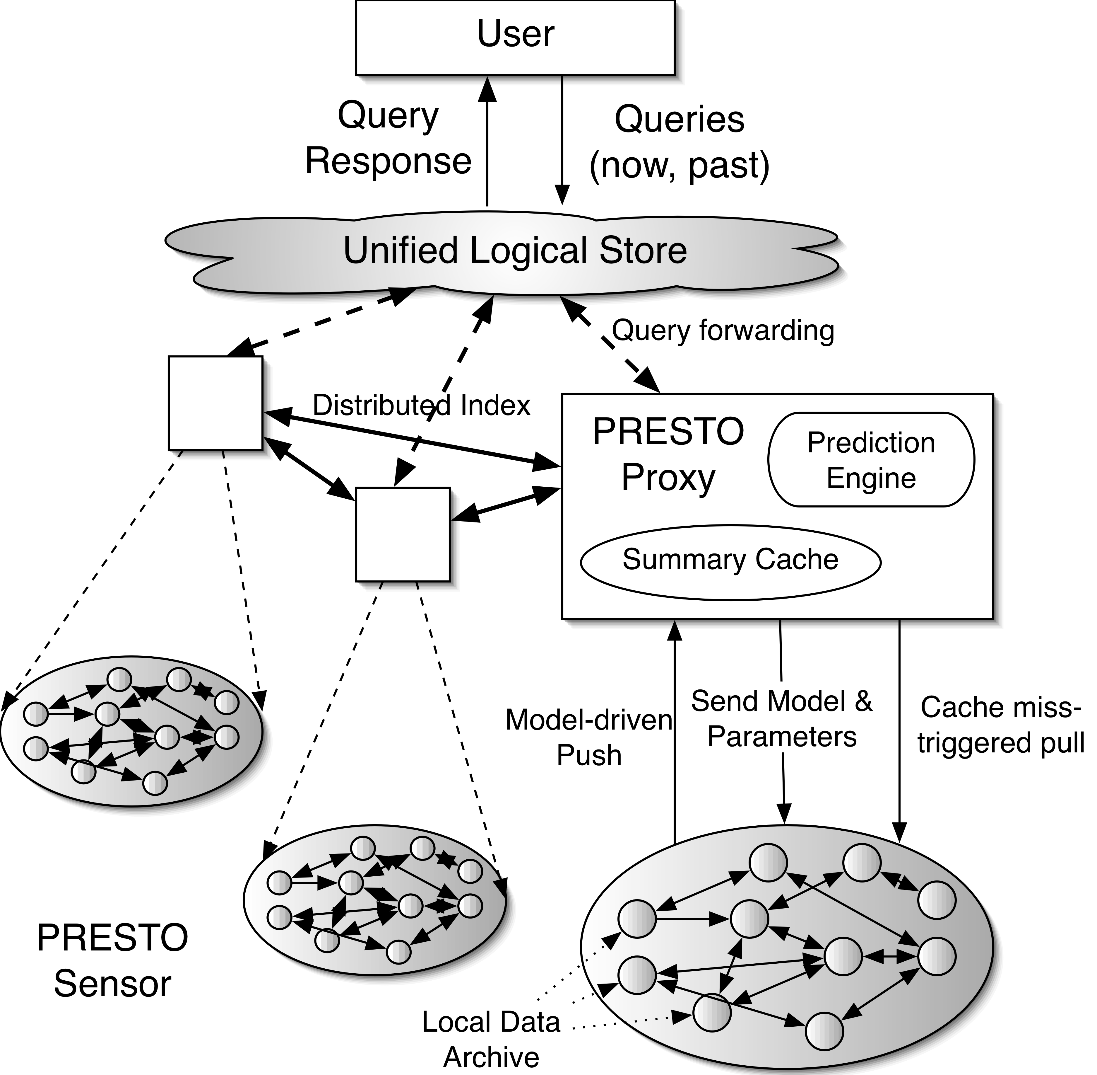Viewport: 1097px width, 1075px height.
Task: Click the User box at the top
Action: click(x=515, y=37)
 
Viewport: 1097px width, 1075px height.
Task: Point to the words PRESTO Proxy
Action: click(x=668, y=454)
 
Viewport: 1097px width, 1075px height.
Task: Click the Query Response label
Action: click(x=388, y=138)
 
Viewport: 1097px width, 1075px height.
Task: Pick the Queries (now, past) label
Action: click(x=680, y=142)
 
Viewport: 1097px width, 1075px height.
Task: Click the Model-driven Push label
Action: click(x=588, y=737)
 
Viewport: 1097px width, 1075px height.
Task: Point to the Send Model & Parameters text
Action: click(x=782, y=719)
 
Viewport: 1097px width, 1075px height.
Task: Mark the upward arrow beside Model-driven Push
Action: click(x=674, y=734)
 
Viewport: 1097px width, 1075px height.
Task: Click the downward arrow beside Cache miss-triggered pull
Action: click(x=899, y=734)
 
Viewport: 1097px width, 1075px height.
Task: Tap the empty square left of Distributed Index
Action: click(x=215, y=403)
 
